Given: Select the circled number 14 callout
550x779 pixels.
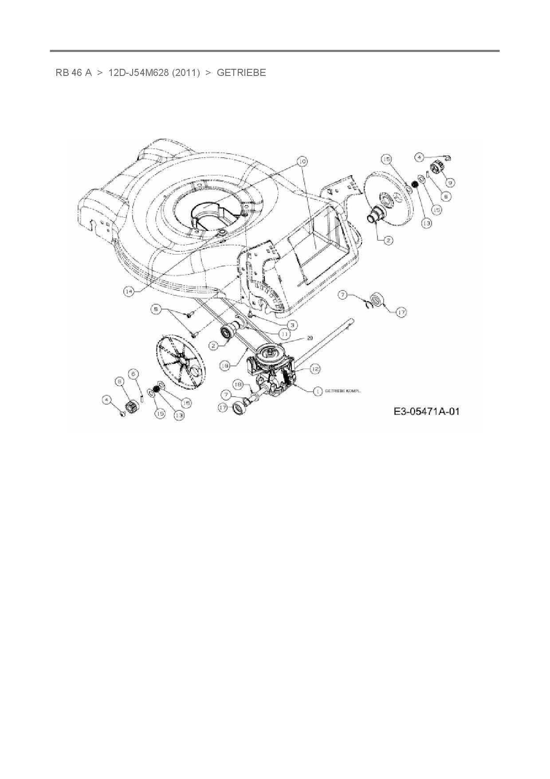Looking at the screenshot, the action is [129, 291].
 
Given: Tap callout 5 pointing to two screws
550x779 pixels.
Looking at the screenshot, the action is [156, 310].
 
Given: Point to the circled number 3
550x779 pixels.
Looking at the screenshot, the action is [292, 324].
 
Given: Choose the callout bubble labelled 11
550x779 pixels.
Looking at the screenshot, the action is [284, 333].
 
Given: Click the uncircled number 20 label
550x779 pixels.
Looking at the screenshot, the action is [309, 338].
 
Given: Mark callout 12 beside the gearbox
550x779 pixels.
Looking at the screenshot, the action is [315, 368].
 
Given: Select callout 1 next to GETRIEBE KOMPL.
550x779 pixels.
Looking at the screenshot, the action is [318, 391].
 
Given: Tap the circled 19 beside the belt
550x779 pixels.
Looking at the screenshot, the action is [225, 365].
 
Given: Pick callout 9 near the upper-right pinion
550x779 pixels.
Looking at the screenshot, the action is [450, 182].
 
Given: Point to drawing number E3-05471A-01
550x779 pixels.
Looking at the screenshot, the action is [426, 412].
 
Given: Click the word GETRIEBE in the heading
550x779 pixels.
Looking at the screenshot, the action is [241, 73].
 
